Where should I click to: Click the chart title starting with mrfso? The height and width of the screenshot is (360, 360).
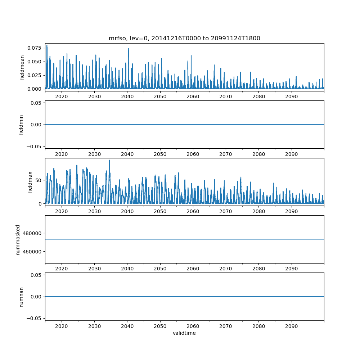pos(184,38)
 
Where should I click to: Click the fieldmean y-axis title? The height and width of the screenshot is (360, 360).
pos(22,67)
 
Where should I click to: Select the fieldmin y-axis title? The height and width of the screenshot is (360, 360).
pos(21,125)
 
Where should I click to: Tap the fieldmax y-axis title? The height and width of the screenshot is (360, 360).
pos(30,182)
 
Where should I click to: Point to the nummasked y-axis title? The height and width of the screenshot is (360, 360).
pos(18,239)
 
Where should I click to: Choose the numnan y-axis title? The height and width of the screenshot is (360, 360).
pos(21,297)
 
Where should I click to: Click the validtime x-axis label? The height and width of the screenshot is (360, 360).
pos(184,333)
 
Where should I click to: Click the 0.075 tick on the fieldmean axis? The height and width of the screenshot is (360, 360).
pos(35,48)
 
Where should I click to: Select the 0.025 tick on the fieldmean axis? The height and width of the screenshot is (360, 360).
pos(35,75)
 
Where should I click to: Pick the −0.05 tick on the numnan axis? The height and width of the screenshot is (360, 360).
pos(34,318)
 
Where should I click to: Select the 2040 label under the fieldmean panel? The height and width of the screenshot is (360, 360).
pos(127,97)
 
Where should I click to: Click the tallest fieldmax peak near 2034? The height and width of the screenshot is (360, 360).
pos(109,161)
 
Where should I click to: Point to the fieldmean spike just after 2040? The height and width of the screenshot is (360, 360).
pos(129,49)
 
